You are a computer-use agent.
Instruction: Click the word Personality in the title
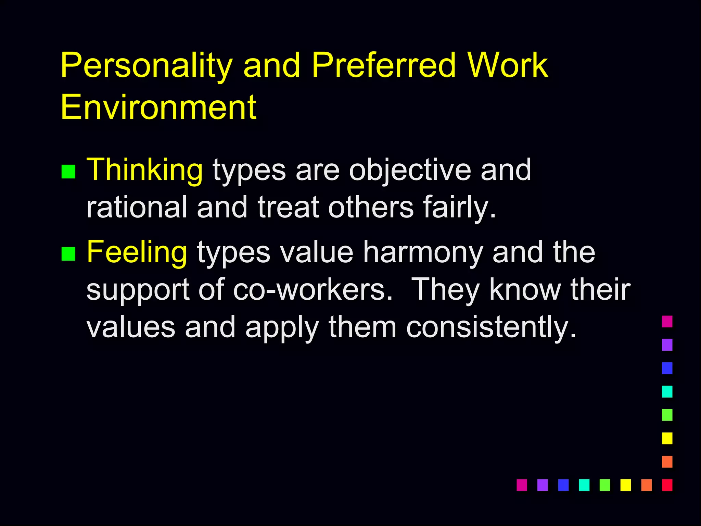pos(146,66)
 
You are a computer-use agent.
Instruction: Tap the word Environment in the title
pos(158,107)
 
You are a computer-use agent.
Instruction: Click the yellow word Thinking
pos(145,170)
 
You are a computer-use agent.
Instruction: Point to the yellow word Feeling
pos(137,252)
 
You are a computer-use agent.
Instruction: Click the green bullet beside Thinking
pos(68,172)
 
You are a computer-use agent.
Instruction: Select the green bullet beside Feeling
pos(68,254)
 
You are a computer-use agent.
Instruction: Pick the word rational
pos(137,207)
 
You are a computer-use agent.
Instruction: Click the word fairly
pos(460,208)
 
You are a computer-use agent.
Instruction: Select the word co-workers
pos(313,290)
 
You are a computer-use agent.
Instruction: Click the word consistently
pos(491,327)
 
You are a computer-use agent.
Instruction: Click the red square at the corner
pos(667,485)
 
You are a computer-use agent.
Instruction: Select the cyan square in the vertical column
pos(667,391)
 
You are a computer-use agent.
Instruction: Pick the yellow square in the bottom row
pos(625,485)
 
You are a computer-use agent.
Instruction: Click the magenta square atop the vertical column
pos(667,322)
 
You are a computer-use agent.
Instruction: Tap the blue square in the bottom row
pos(563,485)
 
